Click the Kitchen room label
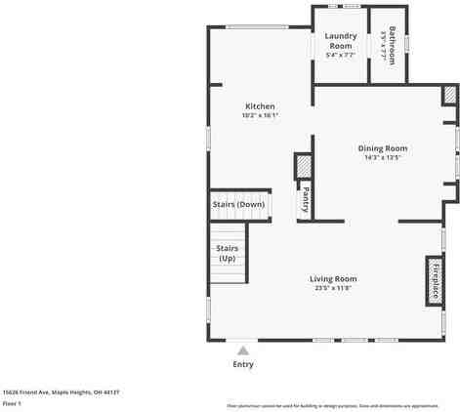point(260,106)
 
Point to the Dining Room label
point(383,148)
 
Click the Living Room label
point(333,279)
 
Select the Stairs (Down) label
point(238,204)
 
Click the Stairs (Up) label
point(227,254)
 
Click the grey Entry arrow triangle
point(243,349)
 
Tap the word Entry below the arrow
point(243,364)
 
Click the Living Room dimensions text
point(333,288)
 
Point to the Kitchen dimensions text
point(260,115)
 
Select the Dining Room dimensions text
point(383,157)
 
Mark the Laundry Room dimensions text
point(340,55)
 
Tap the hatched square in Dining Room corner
point(449,95)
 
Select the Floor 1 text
point(13,402)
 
